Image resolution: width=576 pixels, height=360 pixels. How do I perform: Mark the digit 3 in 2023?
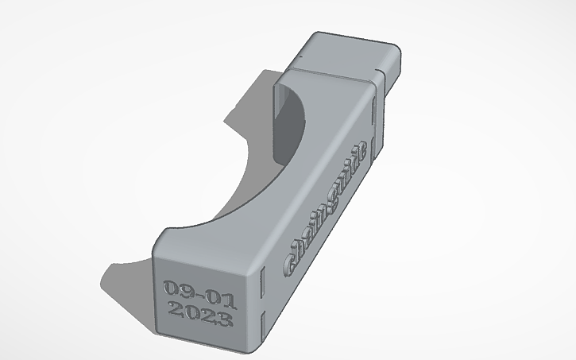224,322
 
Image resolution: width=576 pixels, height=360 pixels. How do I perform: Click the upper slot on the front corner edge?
261,278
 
